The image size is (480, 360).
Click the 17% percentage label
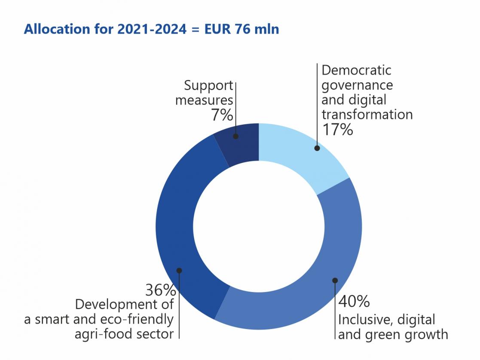click(x=337, y=129)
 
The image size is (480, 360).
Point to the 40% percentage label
click(x=354, y=302)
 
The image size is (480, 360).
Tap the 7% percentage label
click(x=222, y=115)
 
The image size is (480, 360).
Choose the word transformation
click(x=367, y=114)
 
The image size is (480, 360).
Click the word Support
click(x=209, y=86)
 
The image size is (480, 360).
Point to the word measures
click(x=204, y=100)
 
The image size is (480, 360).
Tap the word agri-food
click(x=103, y=334)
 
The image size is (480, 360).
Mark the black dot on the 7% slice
click(x=235, y=136)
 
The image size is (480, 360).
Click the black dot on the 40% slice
click(x=335, y=280)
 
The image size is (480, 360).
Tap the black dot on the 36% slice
click(x=179, y=271)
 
